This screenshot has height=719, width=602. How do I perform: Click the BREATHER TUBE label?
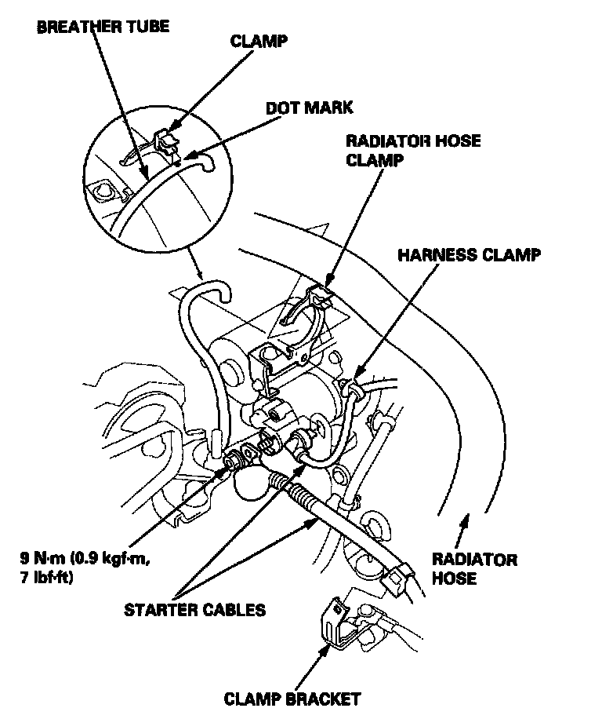click(103, 27)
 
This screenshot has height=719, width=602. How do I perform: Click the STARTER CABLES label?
click(194, 609)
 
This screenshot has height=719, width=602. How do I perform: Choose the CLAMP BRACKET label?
click(292, 698)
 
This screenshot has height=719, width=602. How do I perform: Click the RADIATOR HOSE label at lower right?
click(475, 568)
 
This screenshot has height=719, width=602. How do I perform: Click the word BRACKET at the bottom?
click(322, 698)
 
